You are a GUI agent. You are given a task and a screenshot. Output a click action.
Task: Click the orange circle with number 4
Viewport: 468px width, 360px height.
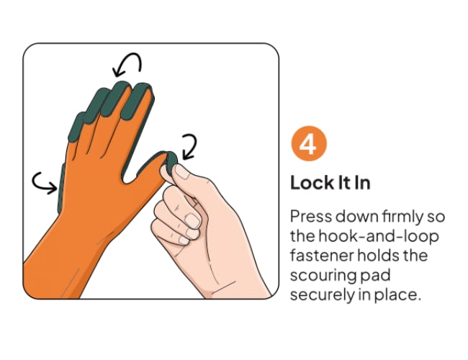tap(309, 143)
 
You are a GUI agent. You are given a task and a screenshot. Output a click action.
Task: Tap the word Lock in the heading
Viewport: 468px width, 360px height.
tap(311, 183)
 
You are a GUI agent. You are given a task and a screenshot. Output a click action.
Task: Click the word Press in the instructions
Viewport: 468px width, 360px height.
tap(311, 217)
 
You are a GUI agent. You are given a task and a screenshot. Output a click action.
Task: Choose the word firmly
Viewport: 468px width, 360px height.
tap(402, 217)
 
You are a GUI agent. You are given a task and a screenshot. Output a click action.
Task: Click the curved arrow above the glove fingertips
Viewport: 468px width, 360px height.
tap(127, 63)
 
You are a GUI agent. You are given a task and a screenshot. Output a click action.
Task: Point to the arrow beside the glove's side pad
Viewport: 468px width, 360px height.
tap(45, 183)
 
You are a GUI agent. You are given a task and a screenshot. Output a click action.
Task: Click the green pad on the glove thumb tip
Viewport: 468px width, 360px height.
tap(170, 163)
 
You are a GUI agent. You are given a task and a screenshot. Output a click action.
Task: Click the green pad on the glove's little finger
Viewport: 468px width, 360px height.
tap(77, 127)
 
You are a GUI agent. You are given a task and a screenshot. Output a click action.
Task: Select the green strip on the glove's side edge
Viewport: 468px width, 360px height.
tap(60, 188)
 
